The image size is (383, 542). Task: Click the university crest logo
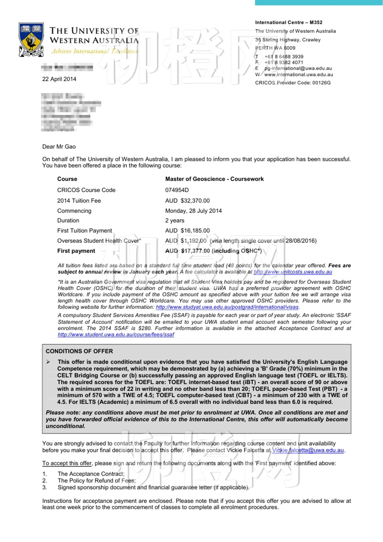[x=31, y=40]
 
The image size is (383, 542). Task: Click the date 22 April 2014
[x=59, y=79]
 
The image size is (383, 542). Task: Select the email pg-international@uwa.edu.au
[x=298, y=68]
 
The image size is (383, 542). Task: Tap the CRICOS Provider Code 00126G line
[x=293, y=83]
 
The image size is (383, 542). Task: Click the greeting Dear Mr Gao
[x=59, y=147]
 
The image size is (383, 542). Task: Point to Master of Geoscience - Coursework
[x=214, y=179]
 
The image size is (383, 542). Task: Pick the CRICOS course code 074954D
[x=177, y=190]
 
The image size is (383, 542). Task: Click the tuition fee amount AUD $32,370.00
[x=187, y=201]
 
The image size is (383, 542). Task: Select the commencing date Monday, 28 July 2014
[x=193, y=211]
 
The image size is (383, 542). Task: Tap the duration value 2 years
[x=175, y=221]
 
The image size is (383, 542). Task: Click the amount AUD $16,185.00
[x=187, y=231]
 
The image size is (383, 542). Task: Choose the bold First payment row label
[x=76, y=251]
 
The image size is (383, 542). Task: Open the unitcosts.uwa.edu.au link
[x=293, y=272]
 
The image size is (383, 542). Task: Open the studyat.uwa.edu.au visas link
[x=227, y=307]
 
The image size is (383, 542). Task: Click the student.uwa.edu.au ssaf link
[x=116, y=335]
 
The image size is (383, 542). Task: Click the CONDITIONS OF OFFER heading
[x=79, y=351]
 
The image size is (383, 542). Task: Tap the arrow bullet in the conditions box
[x=48, y=362]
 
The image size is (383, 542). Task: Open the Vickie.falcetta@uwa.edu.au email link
[x=308, y=450]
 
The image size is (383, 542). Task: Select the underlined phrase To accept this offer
[x=67, y=463]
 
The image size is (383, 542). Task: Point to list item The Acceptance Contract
[x=91, y=474]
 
